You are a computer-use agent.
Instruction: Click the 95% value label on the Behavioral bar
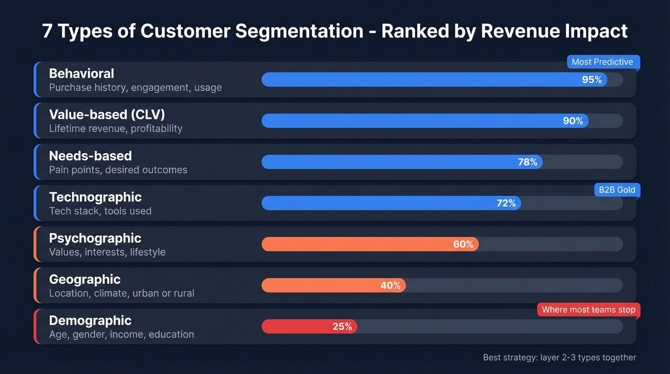pyautogui.click(x=592, y=80)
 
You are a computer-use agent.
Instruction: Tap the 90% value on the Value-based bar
pyautogui.click(x=573, y=121)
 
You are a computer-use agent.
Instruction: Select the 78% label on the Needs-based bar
pyautogui.click(x=527, y=162)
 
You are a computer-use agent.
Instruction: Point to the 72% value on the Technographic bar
pyautogui.click(x=506, y=204)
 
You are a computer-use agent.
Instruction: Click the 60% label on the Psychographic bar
pyautogui.click(x=463, y=245)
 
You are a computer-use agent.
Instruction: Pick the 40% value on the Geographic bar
pyautogui.click(x=391, y=286)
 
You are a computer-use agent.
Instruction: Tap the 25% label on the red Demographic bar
pyautogui.click(x=342, y=327)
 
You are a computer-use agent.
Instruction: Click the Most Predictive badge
pyautogui.click(x=602, y=62)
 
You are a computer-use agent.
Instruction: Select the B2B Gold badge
pyautogui.click(x=617, y=190)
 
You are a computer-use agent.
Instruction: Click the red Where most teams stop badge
pyautogui.click(x=588, y=310)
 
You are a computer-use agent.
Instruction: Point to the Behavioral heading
pyautogui.click(x=81, y=74)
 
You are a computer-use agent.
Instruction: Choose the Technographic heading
pyautogui.click(x=95, y=197)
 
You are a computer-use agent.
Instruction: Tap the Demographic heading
pyautogui.click(x=90, y=320)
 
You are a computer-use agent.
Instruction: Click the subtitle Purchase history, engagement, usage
pyautogui.click(x=135, y=88)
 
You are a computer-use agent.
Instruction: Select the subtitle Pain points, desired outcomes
pyautogui.click(x=118, y=170)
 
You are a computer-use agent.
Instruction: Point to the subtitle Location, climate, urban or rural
pyautogui.click(x=122, y=293)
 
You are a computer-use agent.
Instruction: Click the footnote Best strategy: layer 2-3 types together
pyautogui.click(x=559, y=357)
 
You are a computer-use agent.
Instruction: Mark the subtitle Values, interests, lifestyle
pyautogui.click(x=107, y=252)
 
